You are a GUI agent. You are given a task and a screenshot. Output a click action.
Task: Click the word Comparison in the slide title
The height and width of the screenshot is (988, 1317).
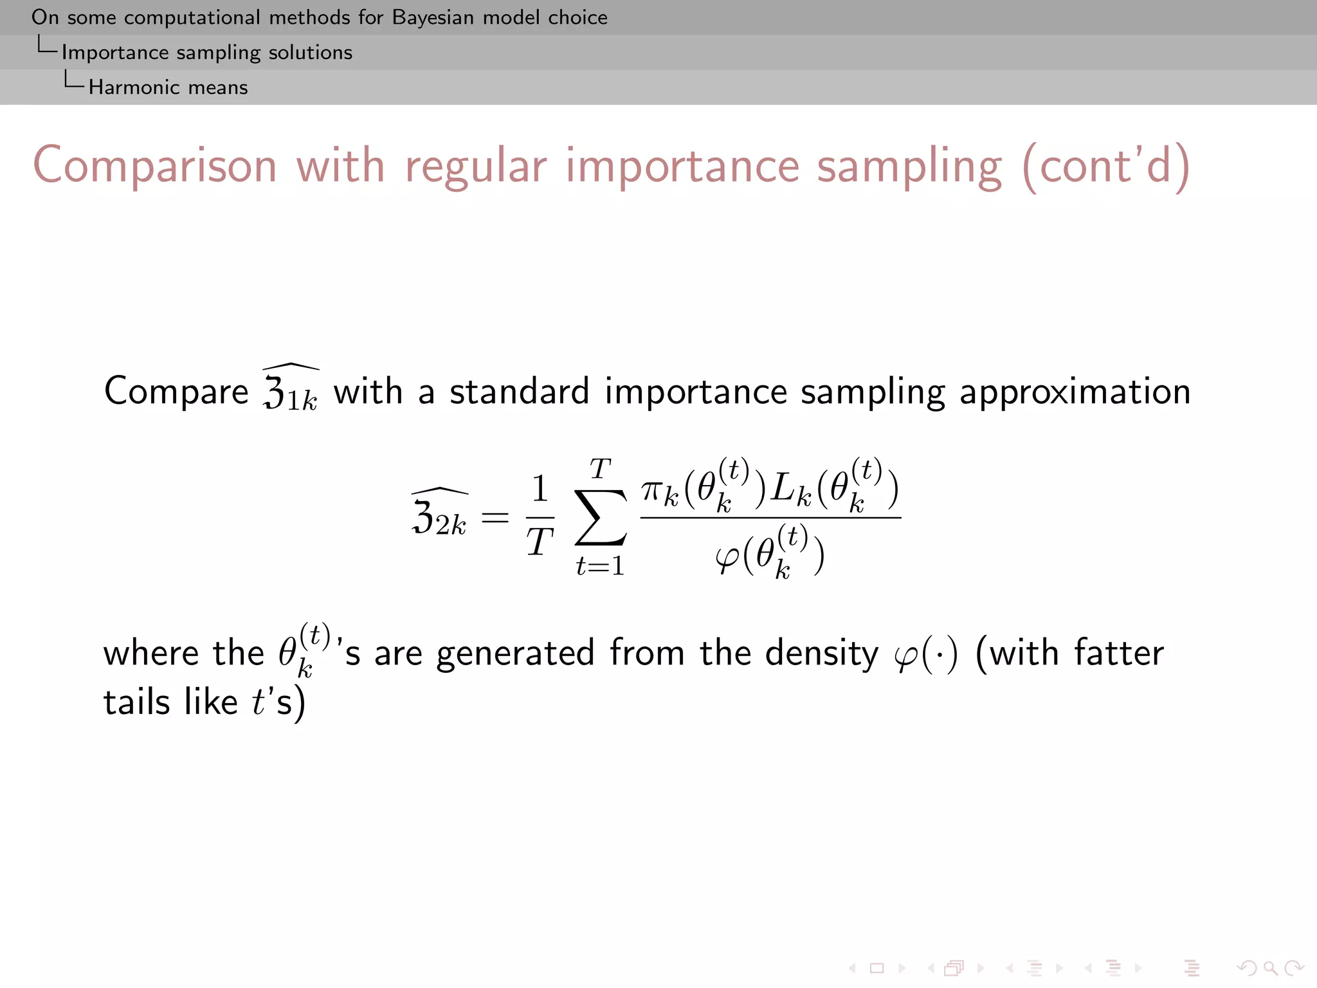pyautogui.click(x=155, y=166)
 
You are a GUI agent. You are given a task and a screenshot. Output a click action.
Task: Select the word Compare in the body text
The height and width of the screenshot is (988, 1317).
pyautogui.click(x=176, y=391)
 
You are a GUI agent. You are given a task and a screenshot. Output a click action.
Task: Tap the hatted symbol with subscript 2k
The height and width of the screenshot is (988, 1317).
pyautogui.click(x=440, y=515)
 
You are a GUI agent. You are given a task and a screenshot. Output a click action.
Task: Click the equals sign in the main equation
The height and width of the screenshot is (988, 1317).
pyautogui.click(x=495, y=517)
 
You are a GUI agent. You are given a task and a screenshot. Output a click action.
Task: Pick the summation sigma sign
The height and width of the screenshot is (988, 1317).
pyautogui.click(x=600, y=517)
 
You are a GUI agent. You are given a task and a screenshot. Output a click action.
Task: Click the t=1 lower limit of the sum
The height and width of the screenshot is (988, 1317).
pyautogui.click(x=600, y=566)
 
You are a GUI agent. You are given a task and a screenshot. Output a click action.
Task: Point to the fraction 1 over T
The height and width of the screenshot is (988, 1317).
pyautogui.click(x=540, y=517)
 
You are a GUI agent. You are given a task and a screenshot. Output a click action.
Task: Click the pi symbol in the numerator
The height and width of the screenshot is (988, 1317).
pyautogui.click(x=652, y=490)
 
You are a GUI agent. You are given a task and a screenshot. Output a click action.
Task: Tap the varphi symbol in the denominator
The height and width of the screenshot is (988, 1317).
pyautogui.click(x=727, y=557)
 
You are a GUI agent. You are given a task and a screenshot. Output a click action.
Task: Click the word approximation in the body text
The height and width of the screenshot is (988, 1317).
pyautogui.click(x=1075, y=391)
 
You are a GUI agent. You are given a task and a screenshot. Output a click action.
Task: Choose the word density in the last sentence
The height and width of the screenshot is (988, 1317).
pyautogui.click(x=821, y=654)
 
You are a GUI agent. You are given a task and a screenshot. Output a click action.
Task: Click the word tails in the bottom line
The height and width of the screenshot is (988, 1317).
pyautogui.click(x=137, y=702)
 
